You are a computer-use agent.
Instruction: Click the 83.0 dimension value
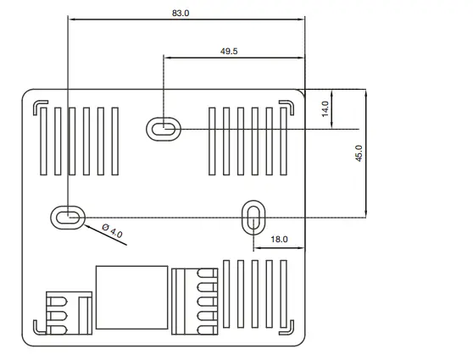point(181,14)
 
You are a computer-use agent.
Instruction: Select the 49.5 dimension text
point(229,51)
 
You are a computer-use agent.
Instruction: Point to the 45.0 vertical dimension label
point(359,153)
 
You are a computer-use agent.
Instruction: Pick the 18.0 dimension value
point(279,240)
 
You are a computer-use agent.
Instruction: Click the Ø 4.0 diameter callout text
point(112,230)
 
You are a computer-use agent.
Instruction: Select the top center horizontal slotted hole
point(164,129)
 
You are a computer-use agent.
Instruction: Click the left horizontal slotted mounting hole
point(67,217)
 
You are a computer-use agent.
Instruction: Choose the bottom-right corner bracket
point(289,326)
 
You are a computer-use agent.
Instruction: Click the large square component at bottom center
point(131,297)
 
